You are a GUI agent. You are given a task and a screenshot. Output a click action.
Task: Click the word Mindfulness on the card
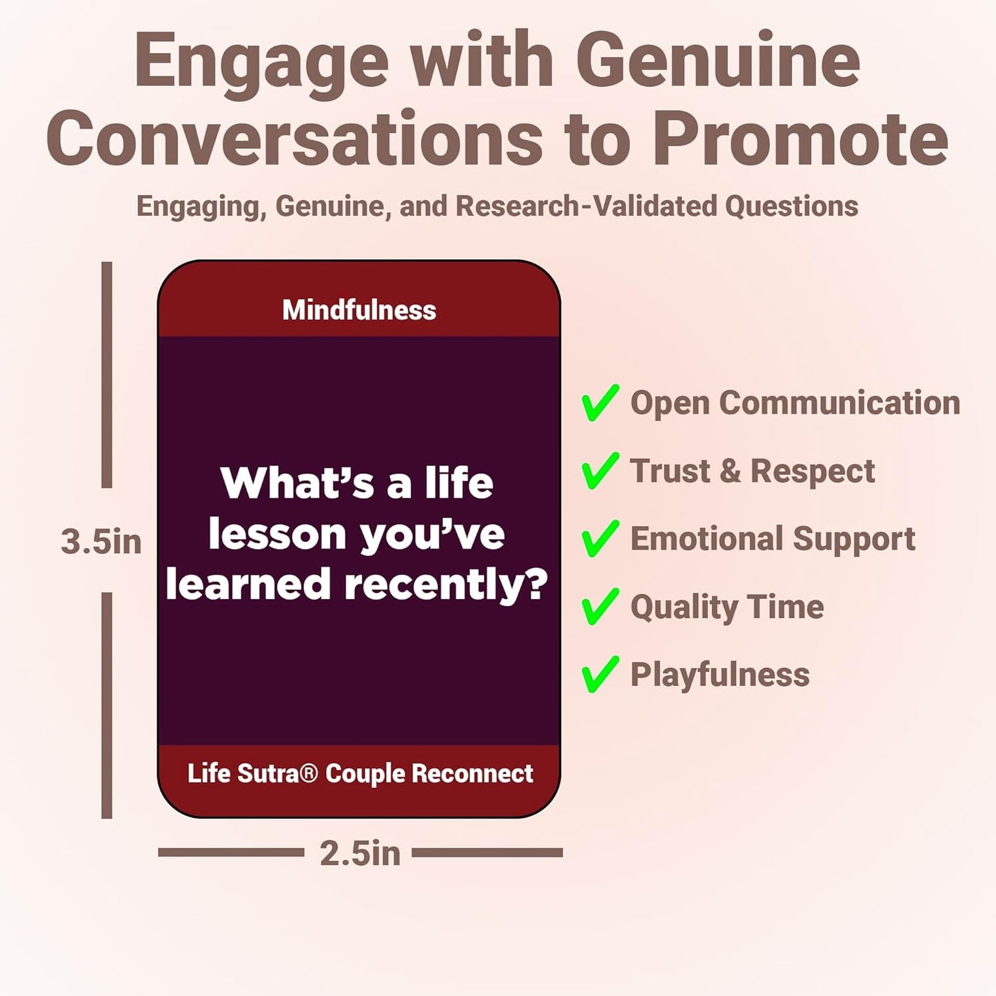[359, 310]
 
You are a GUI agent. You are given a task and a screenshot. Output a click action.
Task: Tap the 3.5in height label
[101, 541]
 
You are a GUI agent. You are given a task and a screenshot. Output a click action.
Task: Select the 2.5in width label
[359, 853]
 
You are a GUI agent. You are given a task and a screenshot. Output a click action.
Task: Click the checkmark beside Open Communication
[600, 403]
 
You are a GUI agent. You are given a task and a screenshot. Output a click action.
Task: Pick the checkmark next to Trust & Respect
[600, 471]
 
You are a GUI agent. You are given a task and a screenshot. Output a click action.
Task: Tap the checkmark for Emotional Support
[600, 538]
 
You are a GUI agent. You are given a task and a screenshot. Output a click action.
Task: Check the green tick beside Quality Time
[600, 607]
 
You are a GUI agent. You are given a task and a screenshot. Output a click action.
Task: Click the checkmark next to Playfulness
[600, 674]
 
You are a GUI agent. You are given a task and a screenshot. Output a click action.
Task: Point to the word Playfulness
[720, 674]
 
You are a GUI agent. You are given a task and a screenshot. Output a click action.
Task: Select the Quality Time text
[726, 607]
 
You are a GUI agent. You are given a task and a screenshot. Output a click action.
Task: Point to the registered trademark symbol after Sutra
[309, 773]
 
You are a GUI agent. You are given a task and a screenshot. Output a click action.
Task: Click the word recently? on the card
[446, 585]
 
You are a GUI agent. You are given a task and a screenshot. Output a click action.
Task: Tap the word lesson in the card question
[277, 534]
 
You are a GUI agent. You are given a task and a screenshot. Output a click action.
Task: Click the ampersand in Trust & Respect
[730, 471]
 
